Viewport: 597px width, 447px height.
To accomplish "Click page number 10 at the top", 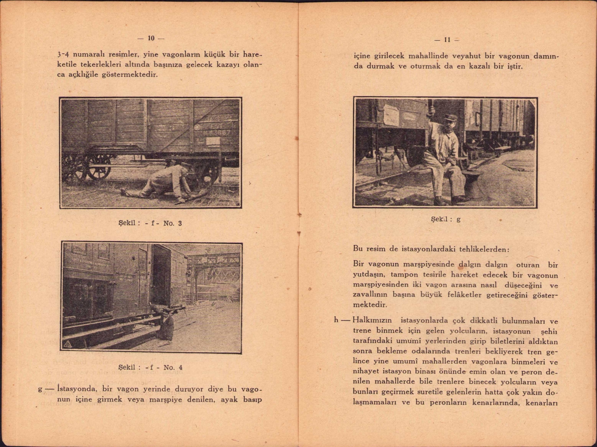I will click(151, 38).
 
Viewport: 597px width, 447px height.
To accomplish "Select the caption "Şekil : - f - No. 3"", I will click(150, 223).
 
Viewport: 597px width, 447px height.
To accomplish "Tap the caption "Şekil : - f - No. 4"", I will click(150, 367).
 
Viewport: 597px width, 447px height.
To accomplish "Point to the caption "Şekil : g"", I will click(446, 219).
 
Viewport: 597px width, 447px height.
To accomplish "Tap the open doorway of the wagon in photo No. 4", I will click(161, 275).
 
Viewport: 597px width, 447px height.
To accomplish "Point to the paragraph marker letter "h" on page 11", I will click(337, 320).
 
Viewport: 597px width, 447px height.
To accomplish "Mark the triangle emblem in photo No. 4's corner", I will click(67, 345).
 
